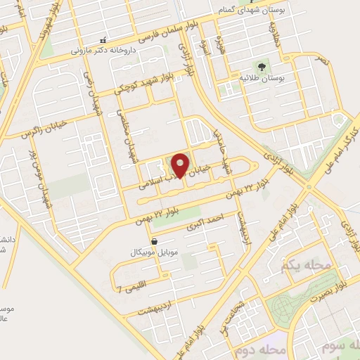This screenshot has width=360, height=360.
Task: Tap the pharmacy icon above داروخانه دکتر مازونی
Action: [x=103, y=39]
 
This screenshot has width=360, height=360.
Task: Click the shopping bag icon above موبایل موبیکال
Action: [x=154, y=240]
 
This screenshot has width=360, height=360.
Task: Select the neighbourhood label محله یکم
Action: [x=295, y=266]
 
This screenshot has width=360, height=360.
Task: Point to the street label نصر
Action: [x=322, y=63]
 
